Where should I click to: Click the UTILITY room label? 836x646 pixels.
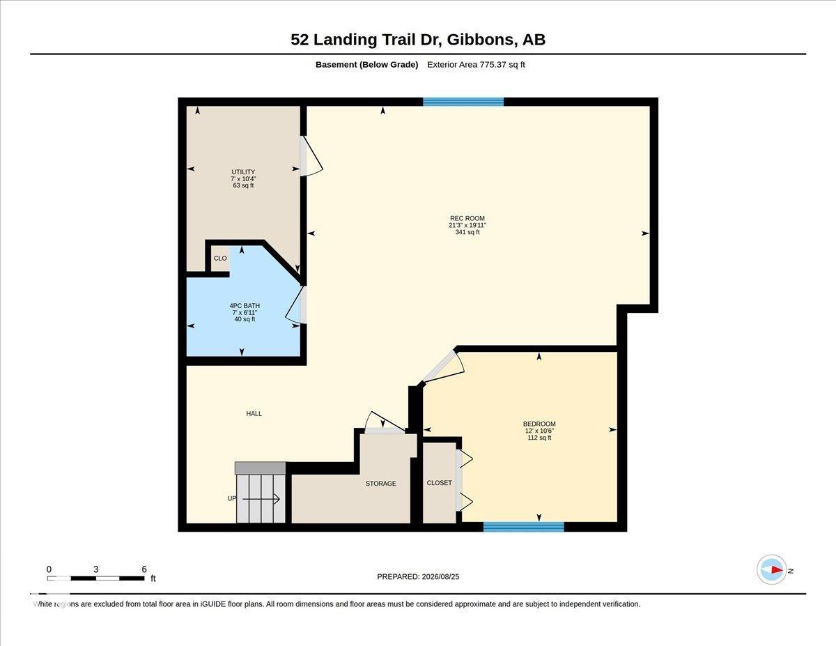tap(243, 172)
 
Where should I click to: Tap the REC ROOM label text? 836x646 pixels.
tap(467, 218)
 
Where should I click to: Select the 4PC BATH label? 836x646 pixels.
tap(245, 306)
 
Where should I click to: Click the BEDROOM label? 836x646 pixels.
tap(539, 424)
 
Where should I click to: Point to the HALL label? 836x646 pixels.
tap(254, 414)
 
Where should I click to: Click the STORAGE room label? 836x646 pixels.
tap(381, 483)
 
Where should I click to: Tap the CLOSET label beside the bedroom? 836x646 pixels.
tap(440, 482)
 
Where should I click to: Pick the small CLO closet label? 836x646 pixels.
tap(220, 258)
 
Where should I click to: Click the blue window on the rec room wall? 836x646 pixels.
tap(463, 102)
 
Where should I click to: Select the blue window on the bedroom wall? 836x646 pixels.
tap(524, 527)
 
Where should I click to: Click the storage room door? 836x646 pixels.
tap(385, 423)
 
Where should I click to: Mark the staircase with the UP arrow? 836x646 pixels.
tap(261, 493)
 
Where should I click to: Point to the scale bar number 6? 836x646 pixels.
tap(144, 569)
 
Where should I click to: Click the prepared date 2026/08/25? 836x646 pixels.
tap(440, 576)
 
